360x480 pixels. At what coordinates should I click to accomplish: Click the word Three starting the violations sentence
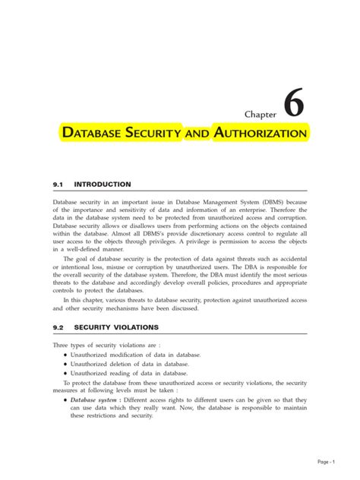coord(61,345)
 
